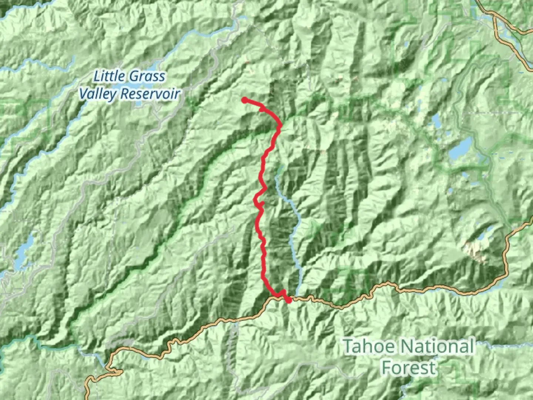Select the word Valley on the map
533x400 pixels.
[x=98, y=94]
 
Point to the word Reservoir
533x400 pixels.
[x=150, y=94]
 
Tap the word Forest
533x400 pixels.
[x=409, y=368]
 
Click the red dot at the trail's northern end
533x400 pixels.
[x=245, y=100]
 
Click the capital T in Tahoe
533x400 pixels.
[x=349, y=347]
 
